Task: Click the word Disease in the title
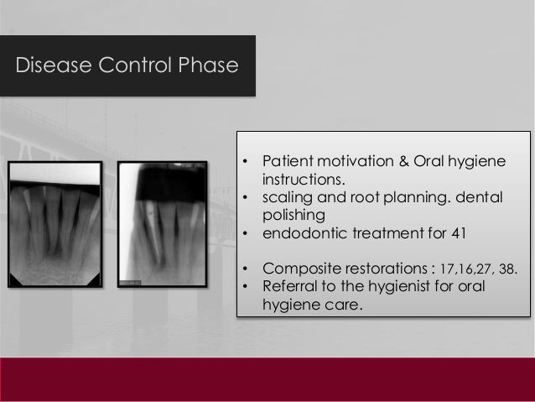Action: point(47,65)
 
